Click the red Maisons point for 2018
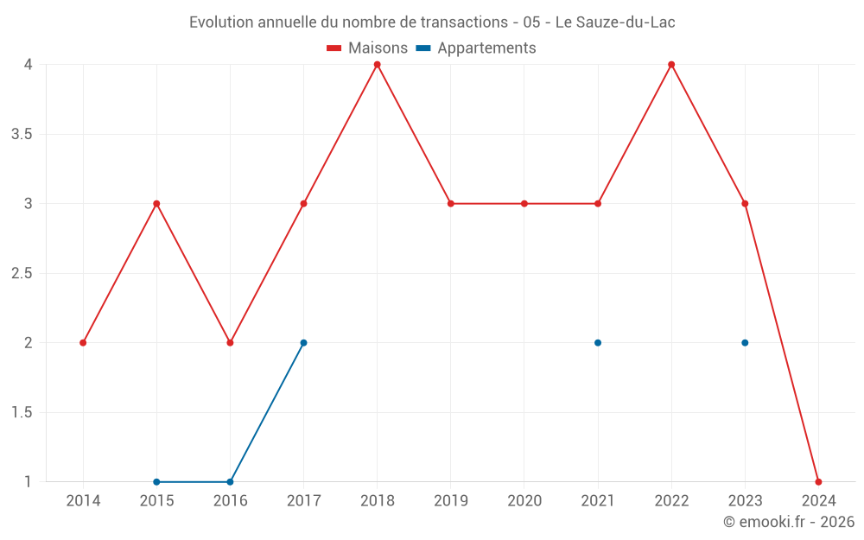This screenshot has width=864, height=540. coord(378,65)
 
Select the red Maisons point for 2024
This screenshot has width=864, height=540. coord(818,481)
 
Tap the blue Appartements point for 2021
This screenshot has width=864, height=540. coord(598,343)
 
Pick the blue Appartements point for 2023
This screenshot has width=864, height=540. coord(745,343)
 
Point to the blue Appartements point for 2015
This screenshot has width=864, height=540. coord(156,481)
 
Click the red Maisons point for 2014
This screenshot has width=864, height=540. coord(83,343)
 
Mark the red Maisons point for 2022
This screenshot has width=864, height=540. coord(671,65)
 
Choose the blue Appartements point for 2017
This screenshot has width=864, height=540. coord(303,343)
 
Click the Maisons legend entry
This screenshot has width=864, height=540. coord(367,48)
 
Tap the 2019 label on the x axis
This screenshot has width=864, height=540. coord(451,501)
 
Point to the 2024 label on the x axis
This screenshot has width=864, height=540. coord(818,501)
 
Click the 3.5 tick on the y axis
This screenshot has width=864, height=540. coord(22,134)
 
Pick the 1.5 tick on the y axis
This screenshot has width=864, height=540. coord(22,412)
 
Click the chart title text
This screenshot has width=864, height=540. coord(432,22)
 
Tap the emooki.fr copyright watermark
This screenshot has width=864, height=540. coord(789,522)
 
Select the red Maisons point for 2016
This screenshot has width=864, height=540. coord(230,343)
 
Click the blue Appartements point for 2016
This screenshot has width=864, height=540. coord(230,481)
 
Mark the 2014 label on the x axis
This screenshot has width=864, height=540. coord(83,501)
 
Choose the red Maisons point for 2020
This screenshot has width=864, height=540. coord(524,204)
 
